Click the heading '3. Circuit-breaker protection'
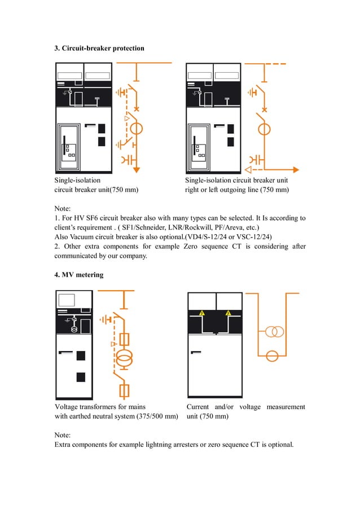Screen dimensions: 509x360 [x=99, y=49]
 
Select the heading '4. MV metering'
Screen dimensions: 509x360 [x=78, y=275]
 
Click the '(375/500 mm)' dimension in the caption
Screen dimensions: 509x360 [x=157, y=416]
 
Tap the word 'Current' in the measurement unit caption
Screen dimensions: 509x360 [x=197, y=407]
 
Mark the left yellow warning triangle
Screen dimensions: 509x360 [x=201, y=313]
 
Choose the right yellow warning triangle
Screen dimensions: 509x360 [x=229, y=313]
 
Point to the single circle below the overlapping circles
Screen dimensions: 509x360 [x=273, y=356]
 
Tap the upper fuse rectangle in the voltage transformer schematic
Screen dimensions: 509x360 [x=126, y=339]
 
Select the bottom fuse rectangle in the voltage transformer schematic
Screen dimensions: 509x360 [x=126, y=389]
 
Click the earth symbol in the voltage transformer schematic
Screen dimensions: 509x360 [x=104, y=319]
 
